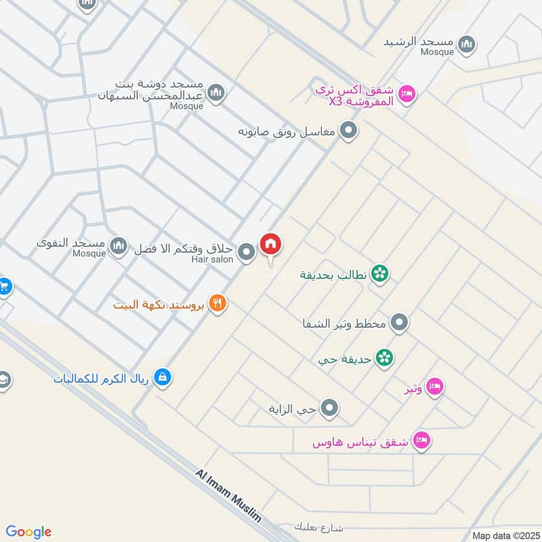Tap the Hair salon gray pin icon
point(247,253)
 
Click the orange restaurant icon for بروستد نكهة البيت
point(217,304)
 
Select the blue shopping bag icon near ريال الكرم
point(162,377)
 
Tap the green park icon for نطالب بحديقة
point(381,274)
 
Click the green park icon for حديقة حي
point(384,357)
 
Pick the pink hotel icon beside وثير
point(435,386)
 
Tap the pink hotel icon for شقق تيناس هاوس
point(422,440)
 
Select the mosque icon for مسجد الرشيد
point(465,45)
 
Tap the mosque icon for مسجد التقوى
point(119,246)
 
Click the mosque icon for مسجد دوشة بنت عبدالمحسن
point(215,93)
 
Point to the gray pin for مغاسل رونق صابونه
point(348,130)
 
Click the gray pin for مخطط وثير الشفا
point(400,322)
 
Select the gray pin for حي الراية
point(330,408)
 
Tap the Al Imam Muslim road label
point(228,495)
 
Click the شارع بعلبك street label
point(320,526)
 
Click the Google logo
point(28,532)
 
